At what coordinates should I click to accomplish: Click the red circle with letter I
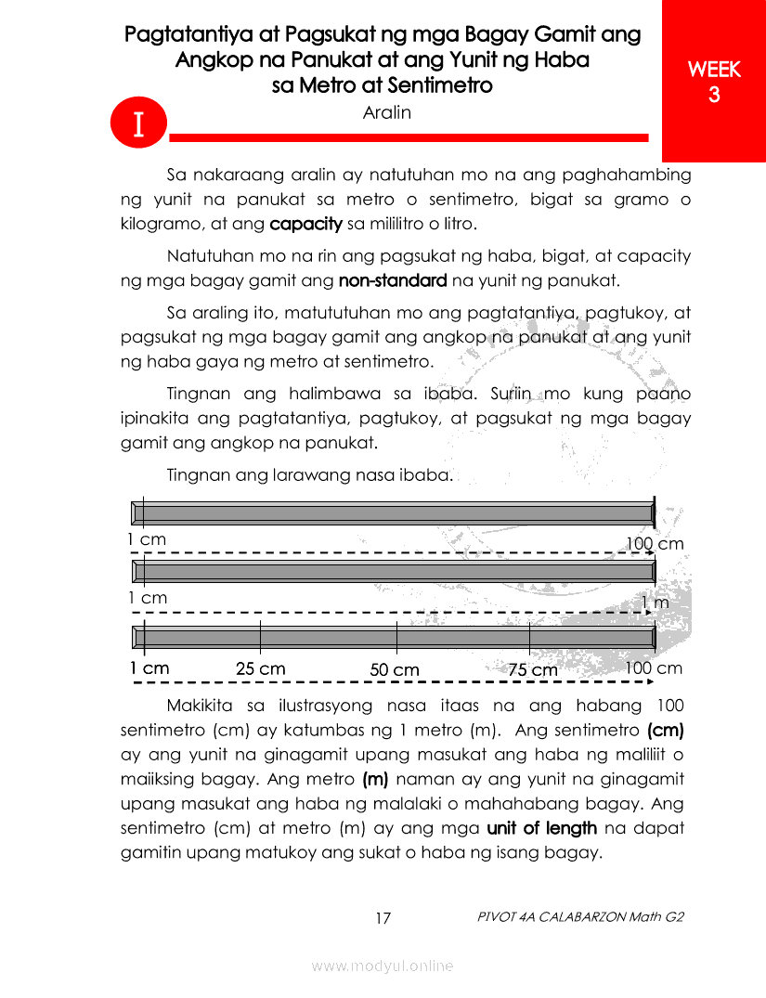[x=137, y=124]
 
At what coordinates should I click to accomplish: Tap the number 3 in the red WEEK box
[x=714, y=95]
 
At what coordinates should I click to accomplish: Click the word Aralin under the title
[x=386, y=112]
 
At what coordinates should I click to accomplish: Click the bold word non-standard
[x=393, y=280]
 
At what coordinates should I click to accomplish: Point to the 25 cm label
[x=260, y=668]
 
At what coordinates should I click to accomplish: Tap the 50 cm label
[x=395, y=669]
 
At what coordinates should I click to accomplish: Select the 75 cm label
[x=532, y=669]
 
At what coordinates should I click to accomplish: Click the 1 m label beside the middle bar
[x=656, y=603]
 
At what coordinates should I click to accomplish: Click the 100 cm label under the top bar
[x=655, y=543]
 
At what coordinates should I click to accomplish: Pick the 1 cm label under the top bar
[x=147, y=539]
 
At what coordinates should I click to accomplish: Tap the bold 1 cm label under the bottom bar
[x=149, y=668]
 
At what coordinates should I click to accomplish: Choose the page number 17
[x=383, y=918]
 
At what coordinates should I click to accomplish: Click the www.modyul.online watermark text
[x=383, y=966]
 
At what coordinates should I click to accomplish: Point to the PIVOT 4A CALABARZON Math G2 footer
[x=580, y=917]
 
